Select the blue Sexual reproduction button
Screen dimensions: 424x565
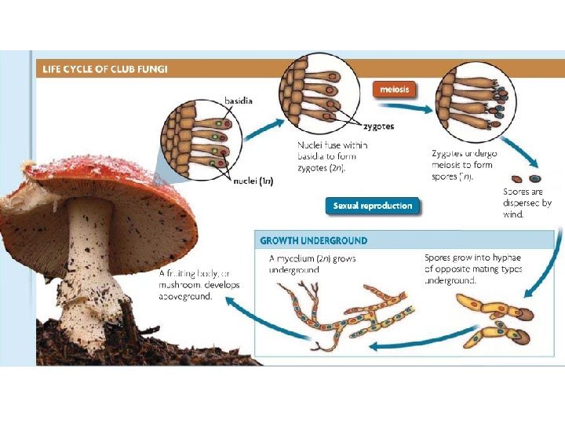[372, 206]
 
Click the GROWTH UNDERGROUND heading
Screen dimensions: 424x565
[313, 240]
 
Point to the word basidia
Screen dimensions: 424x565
[239, 101]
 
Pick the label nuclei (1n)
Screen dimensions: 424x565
[253, 181]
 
